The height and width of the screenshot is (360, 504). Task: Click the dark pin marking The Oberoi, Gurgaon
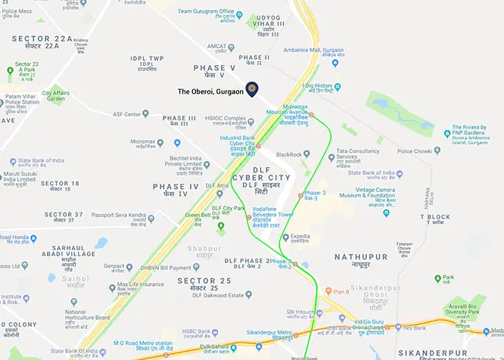click(x=251, y=88)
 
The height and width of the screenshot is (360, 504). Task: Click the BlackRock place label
click(x=289, y=154)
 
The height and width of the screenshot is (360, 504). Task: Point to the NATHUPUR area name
click(x=359, y=257)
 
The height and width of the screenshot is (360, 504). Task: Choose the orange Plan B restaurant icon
click(x=327, y=291)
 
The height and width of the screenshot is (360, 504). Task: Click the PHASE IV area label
click(x=176, y=187)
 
